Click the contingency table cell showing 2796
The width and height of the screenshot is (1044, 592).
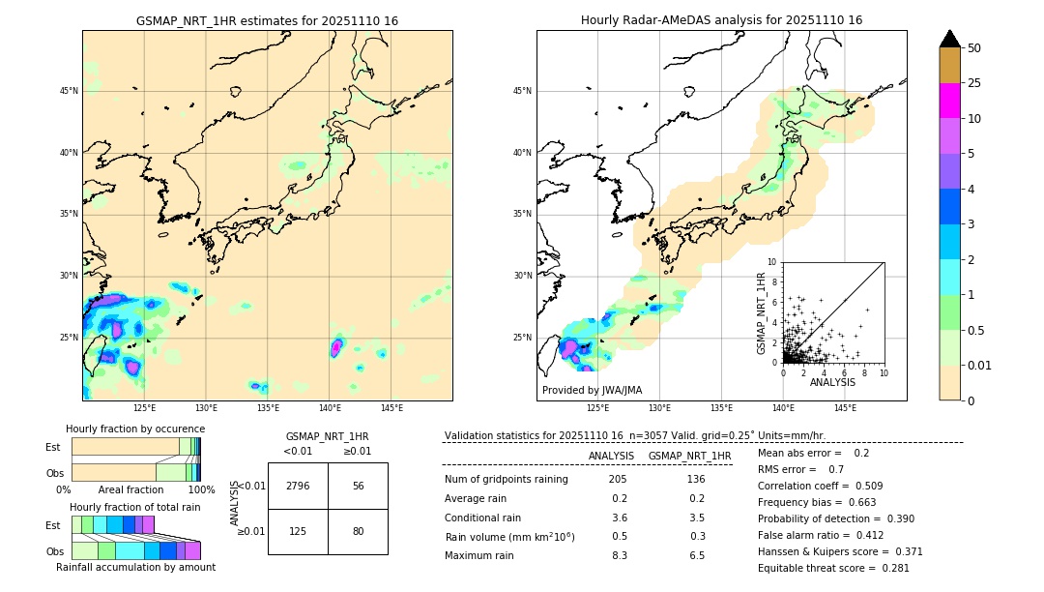click(x=298, y=486)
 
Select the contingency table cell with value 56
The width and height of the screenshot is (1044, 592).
click(x=358, y=486)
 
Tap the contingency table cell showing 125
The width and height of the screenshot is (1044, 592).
click(x=298, y=531)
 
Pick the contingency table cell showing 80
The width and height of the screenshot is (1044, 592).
click(x=358, y=531)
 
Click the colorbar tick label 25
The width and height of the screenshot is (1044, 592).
click(x=974, y=83)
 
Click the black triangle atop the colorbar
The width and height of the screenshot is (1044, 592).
click(x=950, y=39)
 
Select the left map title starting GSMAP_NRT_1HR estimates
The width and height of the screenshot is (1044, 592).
click(x=267, y=21)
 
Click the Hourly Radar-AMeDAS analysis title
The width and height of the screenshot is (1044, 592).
click(x=721, y=20)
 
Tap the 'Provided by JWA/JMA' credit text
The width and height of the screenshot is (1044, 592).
click(x=592, y=391)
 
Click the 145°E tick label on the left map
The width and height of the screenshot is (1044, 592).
click(x=391, y=407)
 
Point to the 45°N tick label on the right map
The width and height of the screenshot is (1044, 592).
click(x=522, y=91)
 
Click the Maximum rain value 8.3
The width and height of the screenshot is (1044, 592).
click(x=619, y=555)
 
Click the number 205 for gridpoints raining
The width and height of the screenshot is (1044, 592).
click(x=618, y=479)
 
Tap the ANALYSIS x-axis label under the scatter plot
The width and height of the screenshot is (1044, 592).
click(x=832, y=382)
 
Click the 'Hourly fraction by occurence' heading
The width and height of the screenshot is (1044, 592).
click(x=135, y=429)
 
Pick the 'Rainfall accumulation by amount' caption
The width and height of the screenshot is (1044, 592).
click(x=135, y=567)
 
